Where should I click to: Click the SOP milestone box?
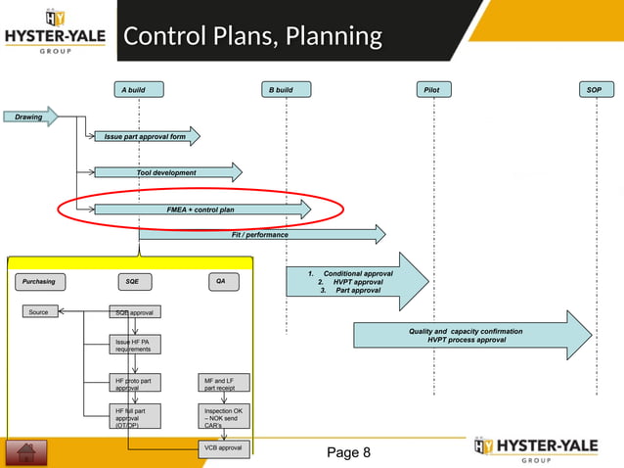pos(594,90)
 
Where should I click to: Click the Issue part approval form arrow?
pos(146,137)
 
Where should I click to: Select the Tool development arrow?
pos(166,173)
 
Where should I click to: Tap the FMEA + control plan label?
pos(201,210)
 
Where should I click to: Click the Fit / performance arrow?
pos(260,235)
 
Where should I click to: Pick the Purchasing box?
pos(40,282)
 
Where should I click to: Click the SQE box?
pos(133,282)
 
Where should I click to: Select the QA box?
pos(222,282)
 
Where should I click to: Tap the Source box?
pos(39,312)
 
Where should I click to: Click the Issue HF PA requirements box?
pos(133,345)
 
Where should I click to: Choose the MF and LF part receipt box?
pos(223,383)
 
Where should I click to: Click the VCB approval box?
pos(223,448)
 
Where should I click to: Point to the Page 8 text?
pos(348,452)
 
